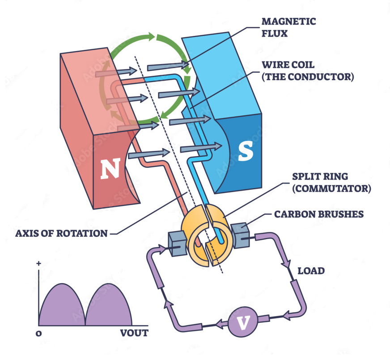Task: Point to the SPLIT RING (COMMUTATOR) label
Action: coord(331,183)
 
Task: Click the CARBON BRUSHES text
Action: coord(319,214)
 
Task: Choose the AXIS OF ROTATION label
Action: coord(62,233)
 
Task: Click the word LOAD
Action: coord(311,271)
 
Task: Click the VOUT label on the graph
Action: coord(134,333)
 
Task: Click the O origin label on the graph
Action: coord(38,333)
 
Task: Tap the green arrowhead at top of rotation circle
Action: coord(153,36)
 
